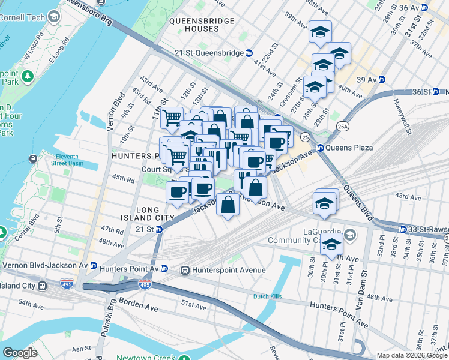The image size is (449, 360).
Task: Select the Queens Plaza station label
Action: coord(349,148)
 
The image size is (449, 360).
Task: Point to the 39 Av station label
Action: coord(366,79)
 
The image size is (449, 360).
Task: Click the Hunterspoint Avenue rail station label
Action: coord(228,270)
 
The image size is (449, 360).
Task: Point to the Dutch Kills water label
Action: coord(268,296)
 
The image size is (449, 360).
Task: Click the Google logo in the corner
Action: coord(20,353)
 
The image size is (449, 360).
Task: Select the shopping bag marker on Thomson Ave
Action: coord(229,205)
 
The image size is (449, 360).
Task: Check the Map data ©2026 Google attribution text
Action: coord(411,355)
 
